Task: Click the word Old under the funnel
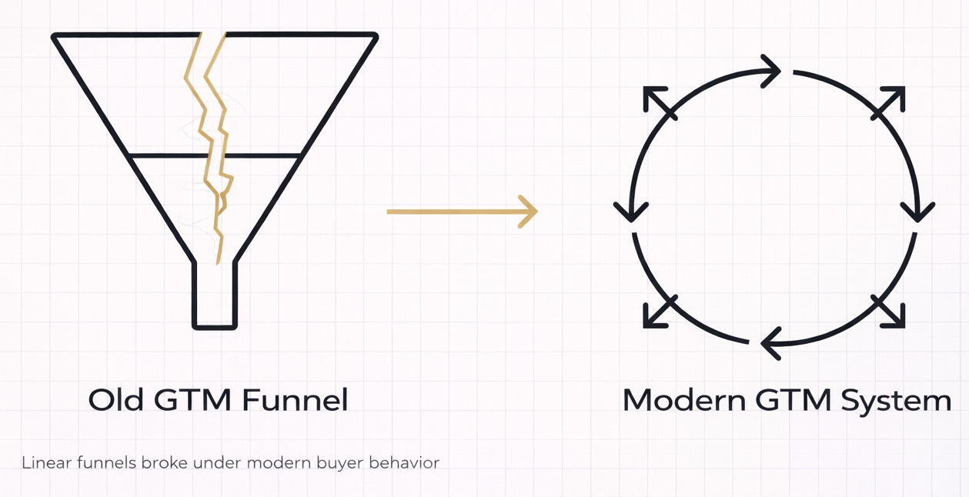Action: click(115, 400)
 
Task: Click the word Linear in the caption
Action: click(44, 463)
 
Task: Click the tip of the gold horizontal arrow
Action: click(534, 211)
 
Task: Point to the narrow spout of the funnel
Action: click(215, 296)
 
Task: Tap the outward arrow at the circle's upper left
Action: click(658, 102)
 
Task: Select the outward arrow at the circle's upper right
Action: click(889, 102)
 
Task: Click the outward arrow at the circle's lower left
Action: click(658, 312)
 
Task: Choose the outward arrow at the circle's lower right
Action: click(889, 312)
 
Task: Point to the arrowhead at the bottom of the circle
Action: click(770, 343)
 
